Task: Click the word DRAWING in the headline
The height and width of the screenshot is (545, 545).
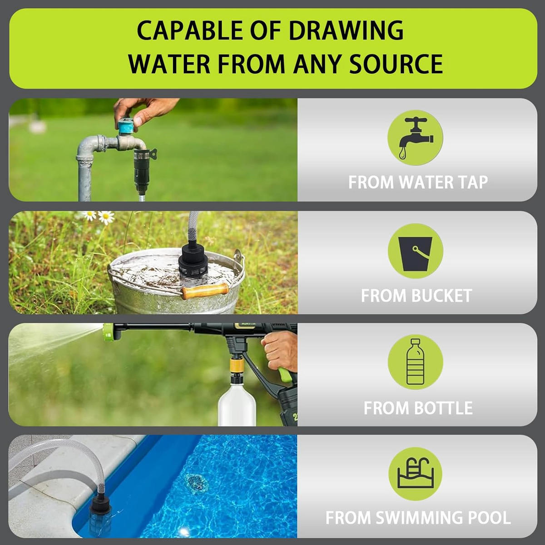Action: tap(346, 30)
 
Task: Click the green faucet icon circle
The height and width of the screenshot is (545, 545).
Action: tap(415, 138)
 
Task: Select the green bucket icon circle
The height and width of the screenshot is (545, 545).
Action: tap(415, 251)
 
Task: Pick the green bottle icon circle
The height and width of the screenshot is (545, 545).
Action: tap(415, 362)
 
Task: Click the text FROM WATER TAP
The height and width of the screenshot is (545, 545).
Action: tap(418, 182)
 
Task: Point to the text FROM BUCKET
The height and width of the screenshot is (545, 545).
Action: tap(416, 296)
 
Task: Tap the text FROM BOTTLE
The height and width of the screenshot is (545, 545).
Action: tap(418, 408)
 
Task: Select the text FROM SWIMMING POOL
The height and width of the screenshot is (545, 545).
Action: tap(418, 518)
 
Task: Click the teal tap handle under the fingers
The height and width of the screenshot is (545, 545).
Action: tap(126, 126)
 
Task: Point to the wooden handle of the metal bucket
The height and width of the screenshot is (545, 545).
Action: tap(205, 291)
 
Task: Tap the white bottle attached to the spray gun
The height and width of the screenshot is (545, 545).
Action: tap(238, 402)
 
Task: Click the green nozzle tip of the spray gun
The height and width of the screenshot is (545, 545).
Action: tap(112, 332)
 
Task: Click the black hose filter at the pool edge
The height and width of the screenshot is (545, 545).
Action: tap(102, 512)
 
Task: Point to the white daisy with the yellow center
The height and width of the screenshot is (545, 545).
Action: tap(106, 217)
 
